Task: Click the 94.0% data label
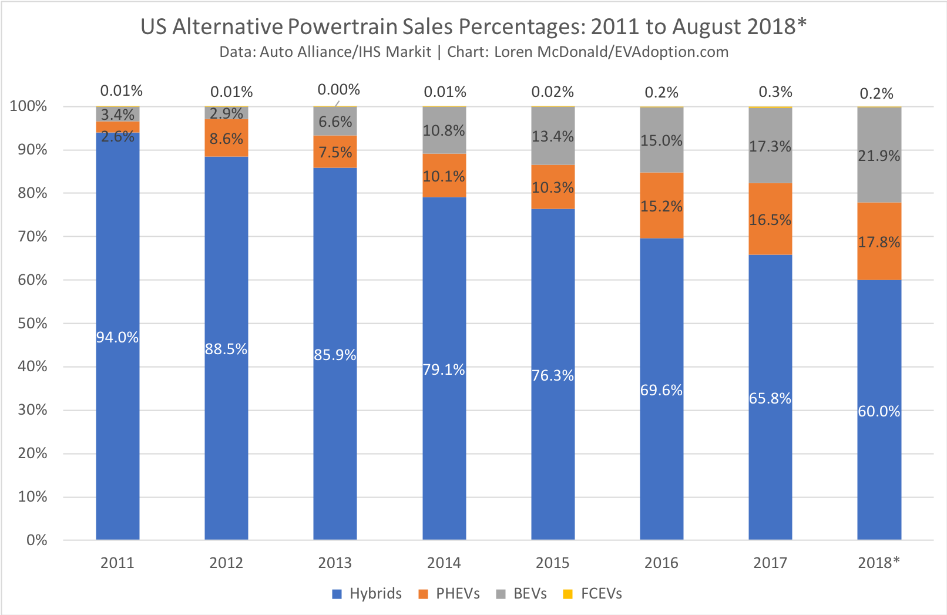coord(117,337)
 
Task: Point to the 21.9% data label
coord(879,156)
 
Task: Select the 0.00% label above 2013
coord(338,90)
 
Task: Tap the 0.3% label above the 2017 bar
coord(775,92)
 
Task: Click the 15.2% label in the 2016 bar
coord(661,206)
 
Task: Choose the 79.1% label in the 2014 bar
coord(444,369)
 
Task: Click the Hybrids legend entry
coord(367,594)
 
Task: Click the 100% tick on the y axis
coord(29,106)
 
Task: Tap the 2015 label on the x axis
coord(552,563)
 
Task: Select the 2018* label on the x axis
coord(879,563)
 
